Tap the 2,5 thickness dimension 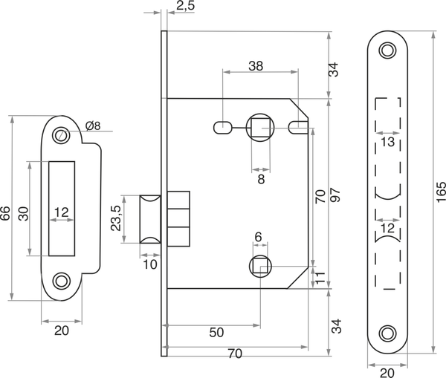187,7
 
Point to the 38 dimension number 255,65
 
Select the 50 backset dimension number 216,334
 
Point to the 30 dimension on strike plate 23,213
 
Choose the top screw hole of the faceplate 387,50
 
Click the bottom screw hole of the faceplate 387,332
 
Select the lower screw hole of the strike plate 61,281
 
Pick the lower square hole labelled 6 258,266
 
